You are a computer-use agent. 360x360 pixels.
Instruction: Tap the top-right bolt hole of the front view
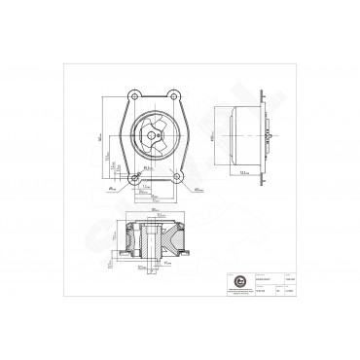pos(173,95)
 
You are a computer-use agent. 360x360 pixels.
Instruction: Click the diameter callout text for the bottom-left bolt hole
pos(113,189)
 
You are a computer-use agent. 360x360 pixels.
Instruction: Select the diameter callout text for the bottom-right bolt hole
pos(198,189)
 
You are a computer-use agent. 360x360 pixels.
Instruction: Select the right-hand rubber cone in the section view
pos(177,238)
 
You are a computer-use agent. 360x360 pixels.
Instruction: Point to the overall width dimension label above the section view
pos(155,208)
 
